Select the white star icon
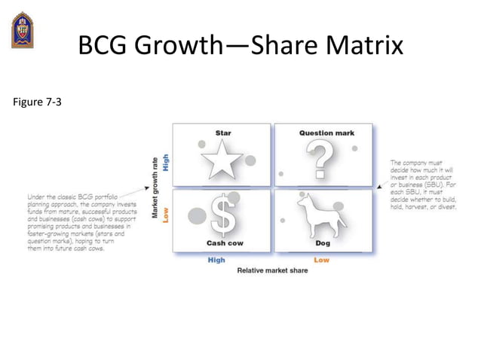tap(225, 160)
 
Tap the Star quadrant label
tap(223, 133)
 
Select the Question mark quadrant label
tap(326, 133)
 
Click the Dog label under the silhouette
tap(322, 243)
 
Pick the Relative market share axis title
tap(272, 270)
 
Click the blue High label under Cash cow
tap(216, 260)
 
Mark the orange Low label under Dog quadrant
tap(321, 260)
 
